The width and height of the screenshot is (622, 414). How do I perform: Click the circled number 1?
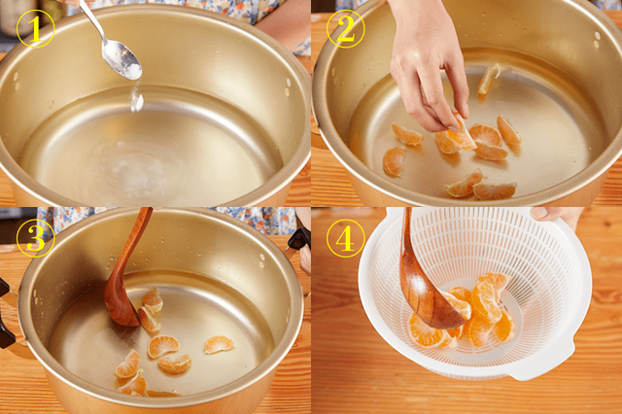click(x=35, y=28)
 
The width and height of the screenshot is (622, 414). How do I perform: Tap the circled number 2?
click(x=345, y=28)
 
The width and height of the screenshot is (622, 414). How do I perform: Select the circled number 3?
click(x=35, y=238)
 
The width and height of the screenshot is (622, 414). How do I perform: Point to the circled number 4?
click(x=345, y=238)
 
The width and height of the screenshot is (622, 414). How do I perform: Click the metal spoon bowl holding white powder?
click(x=121, y=59)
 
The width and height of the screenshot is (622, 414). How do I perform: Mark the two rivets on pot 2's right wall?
click(x=597, y=40)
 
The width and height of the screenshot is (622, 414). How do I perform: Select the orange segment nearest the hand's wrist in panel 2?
click(x=489, y=79)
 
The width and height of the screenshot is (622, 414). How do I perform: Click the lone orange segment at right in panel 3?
click(x=219, y=344)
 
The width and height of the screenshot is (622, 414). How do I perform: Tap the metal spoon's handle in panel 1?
click(x=92, y=20)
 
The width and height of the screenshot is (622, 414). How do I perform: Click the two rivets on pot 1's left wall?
click(x=16, y=82)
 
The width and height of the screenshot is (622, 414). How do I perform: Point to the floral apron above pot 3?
click(x=166, y=221)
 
